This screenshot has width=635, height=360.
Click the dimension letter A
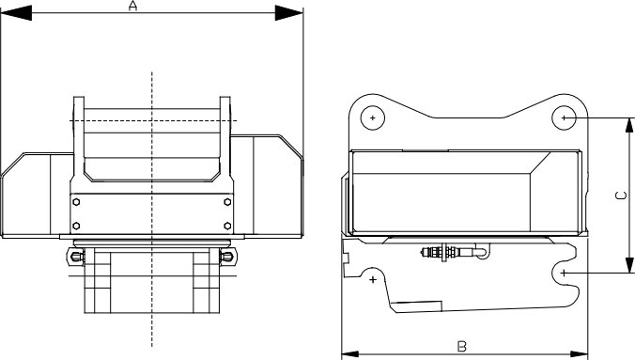(x=132, y=7)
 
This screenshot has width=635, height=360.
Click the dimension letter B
(x=461, y=345)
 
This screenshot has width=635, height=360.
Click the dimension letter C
(x=618, y=196)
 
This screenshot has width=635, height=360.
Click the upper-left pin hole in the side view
(x=374, y=117)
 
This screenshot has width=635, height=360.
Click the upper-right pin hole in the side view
(x=564, y=117)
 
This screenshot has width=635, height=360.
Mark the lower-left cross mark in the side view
(x=374, y=279)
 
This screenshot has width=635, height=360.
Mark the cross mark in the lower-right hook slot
(x=564, y=272)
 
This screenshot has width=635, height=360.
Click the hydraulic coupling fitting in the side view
(x=441, y=252)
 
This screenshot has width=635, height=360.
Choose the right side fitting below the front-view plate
(x=225, y=255)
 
